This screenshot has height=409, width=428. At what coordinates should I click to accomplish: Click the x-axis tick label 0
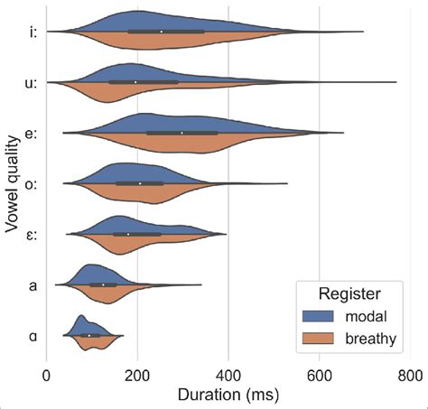tap(47, 376)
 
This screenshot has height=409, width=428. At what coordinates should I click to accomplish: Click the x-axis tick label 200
tap(137, 376)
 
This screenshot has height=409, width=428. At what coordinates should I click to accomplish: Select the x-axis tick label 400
tap(228, 376)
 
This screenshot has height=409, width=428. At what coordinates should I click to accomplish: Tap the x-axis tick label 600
tap(320, 376)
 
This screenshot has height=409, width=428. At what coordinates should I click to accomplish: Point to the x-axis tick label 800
tap(410, 376)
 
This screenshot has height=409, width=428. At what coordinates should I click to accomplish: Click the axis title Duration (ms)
tap(228, 395)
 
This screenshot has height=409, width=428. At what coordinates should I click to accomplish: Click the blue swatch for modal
tap(317, 316)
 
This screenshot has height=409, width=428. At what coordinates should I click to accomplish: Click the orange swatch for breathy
tap(317, 338)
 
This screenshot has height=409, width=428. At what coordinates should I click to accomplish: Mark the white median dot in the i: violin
tap(162, 32)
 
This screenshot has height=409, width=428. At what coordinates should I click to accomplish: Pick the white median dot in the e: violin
tap(181, 133)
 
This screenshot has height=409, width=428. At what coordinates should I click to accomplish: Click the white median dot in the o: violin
tap(140, 183)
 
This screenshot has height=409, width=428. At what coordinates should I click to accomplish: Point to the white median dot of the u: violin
tap(135, 82)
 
